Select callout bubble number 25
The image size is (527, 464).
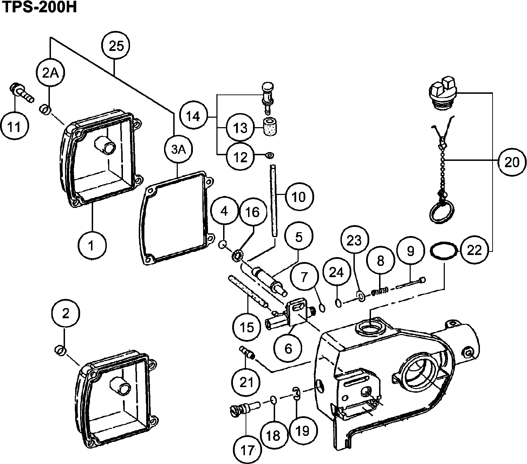(x=116, y=46)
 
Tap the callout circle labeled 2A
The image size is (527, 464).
(x=51, y=73)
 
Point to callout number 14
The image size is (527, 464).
(x=193, y=116)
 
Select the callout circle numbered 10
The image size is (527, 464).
(x=298, y=197)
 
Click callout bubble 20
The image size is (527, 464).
(x=511, y=162)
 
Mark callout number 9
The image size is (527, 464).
(x=410, y=251)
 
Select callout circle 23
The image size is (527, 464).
(x=354, y=241)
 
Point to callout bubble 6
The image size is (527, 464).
(x=288, y=348)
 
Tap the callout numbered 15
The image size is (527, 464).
(x=247, y=327)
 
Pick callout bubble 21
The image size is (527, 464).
(x=246, y=382)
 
